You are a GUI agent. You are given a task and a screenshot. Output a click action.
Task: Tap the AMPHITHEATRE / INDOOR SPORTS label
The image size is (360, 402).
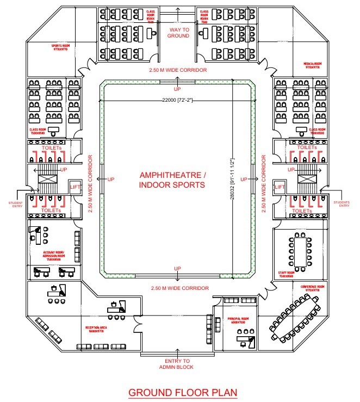click(172, 180)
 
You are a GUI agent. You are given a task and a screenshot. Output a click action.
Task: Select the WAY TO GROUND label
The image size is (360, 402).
click(178, 32)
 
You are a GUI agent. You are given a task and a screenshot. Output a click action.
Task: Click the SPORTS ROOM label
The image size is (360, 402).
click(64, 47)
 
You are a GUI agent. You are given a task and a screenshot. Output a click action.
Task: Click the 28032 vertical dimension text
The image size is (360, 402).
click(232, 180)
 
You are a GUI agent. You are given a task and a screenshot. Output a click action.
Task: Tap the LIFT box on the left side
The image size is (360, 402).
click(76, 187)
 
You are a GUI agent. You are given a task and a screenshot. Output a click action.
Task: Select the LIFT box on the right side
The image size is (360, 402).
click(280, 187)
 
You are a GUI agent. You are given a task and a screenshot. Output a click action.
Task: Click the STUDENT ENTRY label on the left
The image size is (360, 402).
click(15, 204)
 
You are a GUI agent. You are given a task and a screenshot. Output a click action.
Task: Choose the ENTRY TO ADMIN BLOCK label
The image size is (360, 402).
click(178, 364)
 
